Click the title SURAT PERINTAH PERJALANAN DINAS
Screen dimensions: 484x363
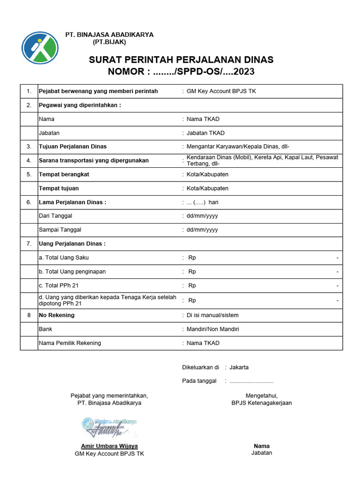click(x=181, y=60)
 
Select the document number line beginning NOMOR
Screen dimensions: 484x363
click(x=181, y=72)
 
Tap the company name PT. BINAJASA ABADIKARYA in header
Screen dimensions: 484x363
click(x=109, y=35)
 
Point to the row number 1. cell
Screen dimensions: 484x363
click(x=29, y=91)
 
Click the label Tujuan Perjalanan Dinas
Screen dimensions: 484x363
click(x=72, y=147)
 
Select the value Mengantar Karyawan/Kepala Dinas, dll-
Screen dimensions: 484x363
click(x=241, y=147)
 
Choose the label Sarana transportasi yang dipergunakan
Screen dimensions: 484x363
click(x=94, y=160)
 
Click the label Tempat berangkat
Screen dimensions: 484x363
click(x=64, y=174)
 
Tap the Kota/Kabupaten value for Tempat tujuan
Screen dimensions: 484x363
click(x=207, y=188)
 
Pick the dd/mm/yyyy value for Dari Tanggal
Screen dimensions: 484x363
click(x=202, y=216)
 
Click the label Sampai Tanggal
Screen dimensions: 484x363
click(x=60, y=230)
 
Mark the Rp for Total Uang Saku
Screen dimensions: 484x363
click(x=192, y=258)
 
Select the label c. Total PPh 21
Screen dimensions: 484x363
click(x=60, y=285)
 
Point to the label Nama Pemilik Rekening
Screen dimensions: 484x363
click(x=70, y=343)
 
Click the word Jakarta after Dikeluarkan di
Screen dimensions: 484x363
click(x=239, y=367)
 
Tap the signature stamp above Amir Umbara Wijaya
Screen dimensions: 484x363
click(x=109, y=427)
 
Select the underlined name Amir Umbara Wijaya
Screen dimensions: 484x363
click(x=109, y=446)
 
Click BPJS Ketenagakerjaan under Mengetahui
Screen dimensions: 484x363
click(x=261, y=403)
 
